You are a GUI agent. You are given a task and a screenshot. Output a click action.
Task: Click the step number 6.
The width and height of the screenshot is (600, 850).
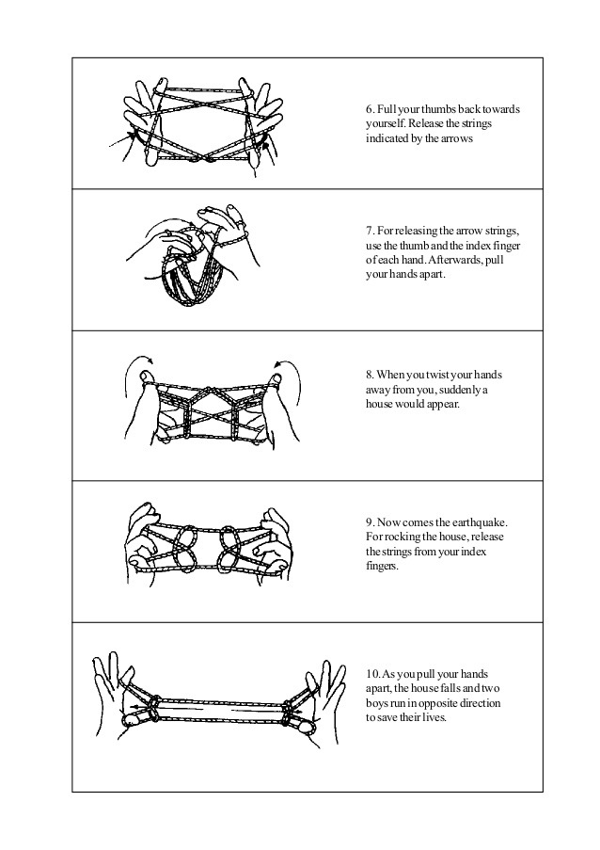(370, 109)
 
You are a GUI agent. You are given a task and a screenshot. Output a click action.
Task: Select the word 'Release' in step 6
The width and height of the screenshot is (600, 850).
(425, 123)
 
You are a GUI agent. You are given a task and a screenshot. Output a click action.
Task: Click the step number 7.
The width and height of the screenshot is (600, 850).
(370, 231)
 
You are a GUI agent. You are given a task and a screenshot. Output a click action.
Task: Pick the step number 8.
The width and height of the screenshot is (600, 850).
(370, 376)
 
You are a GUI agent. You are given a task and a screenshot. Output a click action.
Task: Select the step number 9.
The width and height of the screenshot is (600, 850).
(370, 522)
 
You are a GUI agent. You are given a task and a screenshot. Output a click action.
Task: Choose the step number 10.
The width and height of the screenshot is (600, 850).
(372, 674)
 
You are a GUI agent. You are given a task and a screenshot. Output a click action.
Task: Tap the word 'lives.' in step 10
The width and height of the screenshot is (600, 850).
(434, 718)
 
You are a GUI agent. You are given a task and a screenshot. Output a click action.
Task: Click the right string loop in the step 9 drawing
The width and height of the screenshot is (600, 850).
(229, 548)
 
